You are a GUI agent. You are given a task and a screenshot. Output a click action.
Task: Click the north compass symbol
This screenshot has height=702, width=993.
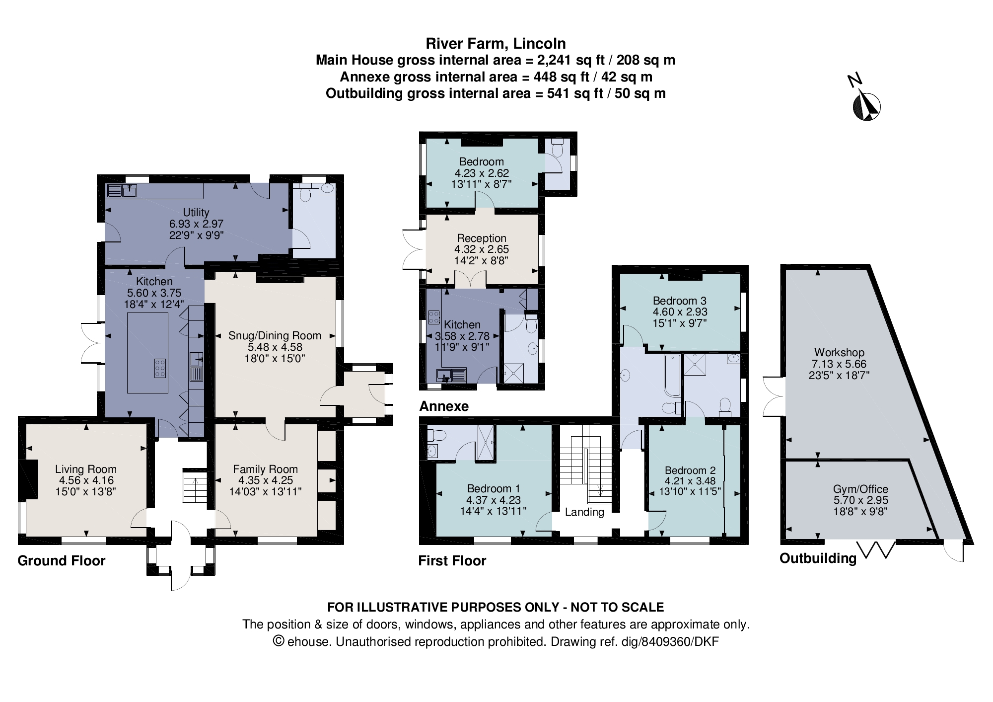[866, 106]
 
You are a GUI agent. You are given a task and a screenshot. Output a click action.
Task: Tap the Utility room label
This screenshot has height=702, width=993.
[196, 212]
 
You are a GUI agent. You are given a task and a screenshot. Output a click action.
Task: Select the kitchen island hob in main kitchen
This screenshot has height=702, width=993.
[160, 368]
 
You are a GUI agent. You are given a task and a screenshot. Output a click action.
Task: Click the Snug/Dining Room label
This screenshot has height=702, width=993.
[275, 336]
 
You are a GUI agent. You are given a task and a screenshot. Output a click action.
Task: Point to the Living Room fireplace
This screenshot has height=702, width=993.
[29, 479]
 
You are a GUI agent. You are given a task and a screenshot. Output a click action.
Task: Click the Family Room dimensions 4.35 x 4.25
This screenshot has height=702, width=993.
[265, 480]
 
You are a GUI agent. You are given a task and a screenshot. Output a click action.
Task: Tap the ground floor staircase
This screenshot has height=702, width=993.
[195, 486]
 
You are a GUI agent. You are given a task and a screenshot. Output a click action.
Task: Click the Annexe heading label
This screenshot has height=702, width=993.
[444, 406]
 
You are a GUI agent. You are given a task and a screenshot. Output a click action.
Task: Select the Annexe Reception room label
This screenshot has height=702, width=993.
[481, 238]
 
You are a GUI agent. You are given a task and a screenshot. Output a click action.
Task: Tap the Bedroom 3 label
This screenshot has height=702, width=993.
[679, 301]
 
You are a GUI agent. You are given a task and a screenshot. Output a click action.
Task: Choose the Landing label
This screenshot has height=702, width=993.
[584, 512]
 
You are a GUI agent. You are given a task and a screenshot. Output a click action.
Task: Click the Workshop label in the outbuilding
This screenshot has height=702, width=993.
[839, 353]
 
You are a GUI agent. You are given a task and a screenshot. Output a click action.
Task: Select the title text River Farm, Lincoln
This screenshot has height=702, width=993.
[496, 44]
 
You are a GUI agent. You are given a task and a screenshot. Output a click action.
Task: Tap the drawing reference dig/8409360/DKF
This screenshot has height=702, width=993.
[670, 641]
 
